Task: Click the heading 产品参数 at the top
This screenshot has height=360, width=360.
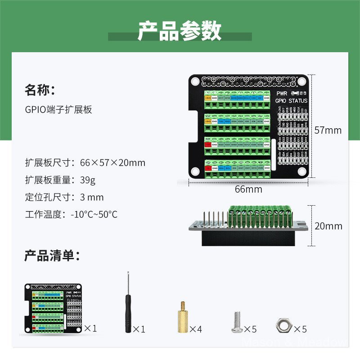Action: coord(180,31)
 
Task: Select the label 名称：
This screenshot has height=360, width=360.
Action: coord(40,90)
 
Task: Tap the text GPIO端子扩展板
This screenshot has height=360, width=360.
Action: coord(58,109)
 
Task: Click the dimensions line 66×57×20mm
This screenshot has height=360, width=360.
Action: coord(85,162)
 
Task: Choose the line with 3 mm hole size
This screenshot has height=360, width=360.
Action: coord(64,197)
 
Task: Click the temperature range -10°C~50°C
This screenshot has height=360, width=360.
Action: coord(94,214)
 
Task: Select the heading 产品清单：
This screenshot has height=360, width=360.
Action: coord(52,256)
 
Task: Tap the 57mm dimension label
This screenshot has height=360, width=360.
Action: coord(328,130)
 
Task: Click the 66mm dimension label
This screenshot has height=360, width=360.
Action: coord(248,189)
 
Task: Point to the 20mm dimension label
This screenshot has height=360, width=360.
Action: coord(328,226)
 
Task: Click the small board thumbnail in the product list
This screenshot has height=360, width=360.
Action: coord(53,309)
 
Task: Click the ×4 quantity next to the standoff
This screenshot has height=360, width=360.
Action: coord(195,329)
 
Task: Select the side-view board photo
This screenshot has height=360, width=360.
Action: coord(249,226)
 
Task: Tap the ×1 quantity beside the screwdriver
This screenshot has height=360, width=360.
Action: coord(139,329)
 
